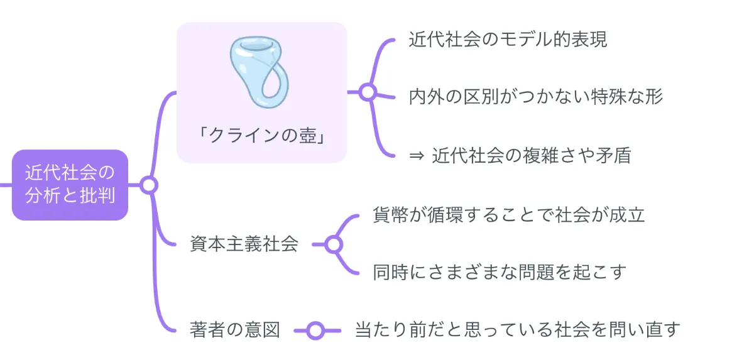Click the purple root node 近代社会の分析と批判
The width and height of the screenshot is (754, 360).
pos(70,185)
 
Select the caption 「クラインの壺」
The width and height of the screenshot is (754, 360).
pos(261,135)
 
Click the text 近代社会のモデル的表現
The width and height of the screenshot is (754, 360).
pos(508,40)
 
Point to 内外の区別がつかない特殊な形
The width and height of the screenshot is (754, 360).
pos(535,97)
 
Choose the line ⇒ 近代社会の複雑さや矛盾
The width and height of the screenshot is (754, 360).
pos(520,155)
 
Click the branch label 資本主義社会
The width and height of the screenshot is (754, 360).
pos(244,244)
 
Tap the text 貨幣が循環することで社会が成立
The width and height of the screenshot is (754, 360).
pos(509,215)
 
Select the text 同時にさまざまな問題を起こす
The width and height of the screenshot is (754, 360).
pos(500,272)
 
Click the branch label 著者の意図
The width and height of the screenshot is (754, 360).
pos(234,330)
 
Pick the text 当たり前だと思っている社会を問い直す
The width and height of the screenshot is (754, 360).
pos(518,329)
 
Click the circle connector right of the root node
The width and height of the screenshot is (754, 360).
pos(148,185)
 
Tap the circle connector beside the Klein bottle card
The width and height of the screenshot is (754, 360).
pos(368,92)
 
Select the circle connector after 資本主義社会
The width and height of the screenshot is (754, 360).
pos(333,244)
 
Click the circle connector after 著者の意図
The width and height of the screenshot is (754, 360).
pos(315,330)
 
